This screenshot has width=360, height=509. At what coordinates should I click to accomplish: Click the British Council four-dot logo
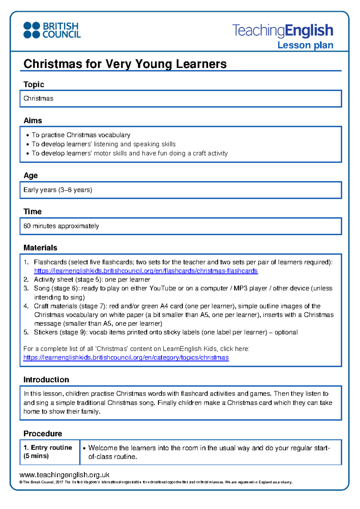pyautogui.click(x=31, y=30)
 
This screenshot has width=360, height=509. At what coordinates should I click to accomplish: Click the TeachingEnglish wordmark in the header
pyautogui.click(x=283, y=30)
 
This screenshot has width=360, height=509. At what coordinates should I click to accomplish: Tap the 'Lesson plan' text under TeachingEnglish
pyautogui.click(x=305, y=45)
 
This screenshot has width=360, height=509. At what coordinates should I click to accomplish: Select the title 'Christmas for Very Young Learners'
pyautogui.click(x=125, y=64)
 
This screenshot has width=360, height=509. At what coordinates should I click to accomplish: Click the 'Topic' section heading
pyautogui.click(x=34, y=84)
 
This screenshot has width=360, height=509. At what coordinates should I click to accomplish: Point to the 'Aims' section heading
pyautogui.click(x=33, y=120)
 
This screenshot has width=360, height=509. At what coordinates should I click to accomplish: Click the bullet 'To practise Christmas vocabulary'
pyautogui.click(x=81, y=135)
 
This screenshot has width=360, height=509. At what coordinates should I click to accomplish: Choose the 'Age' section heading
pyautogui.click(x=31, y=175)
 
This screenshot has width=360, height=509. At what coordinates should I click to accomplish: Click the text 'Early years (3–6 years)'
pyautogui.click(x=58, y=190)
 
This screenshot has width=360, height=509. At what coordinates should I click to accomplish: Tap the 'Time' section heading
pyautogui.click(x=32, y=212)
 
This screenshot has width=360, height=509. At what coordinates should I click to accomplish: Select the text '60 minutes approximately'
pyautogui.click(x=61, y=226)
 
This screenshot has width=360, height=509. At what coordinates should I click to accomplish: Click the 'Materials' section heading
pyautogui.click(x=40, y=248)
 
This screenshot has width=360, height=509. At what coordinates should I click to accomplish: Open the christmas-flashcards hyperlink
pyautogui.click(x=146, y=271)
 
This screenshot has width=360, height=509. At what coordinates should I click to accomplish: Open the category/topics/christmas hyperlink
pyautogui.click(x=126, y=357)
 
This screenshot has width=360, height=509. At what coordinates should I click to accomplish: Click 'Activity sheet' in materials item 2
pyautogui.click(x=53, y=280)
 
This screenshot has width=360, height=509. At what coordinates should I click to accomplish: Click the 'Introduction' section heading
pyautogui.click(x=46, y=380)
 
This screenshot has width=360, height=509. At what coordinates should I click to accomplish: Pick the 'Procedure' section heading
pyautogui.click(x=43, y=434)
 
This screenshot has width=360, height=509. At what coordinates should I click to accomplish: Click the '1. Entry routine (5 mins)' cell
pyautogui.click(x=48, y=452)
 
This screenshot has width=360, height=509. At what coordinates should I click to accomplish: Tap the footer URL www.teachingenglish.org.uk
pyautogui.click(x=64, y=475)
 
